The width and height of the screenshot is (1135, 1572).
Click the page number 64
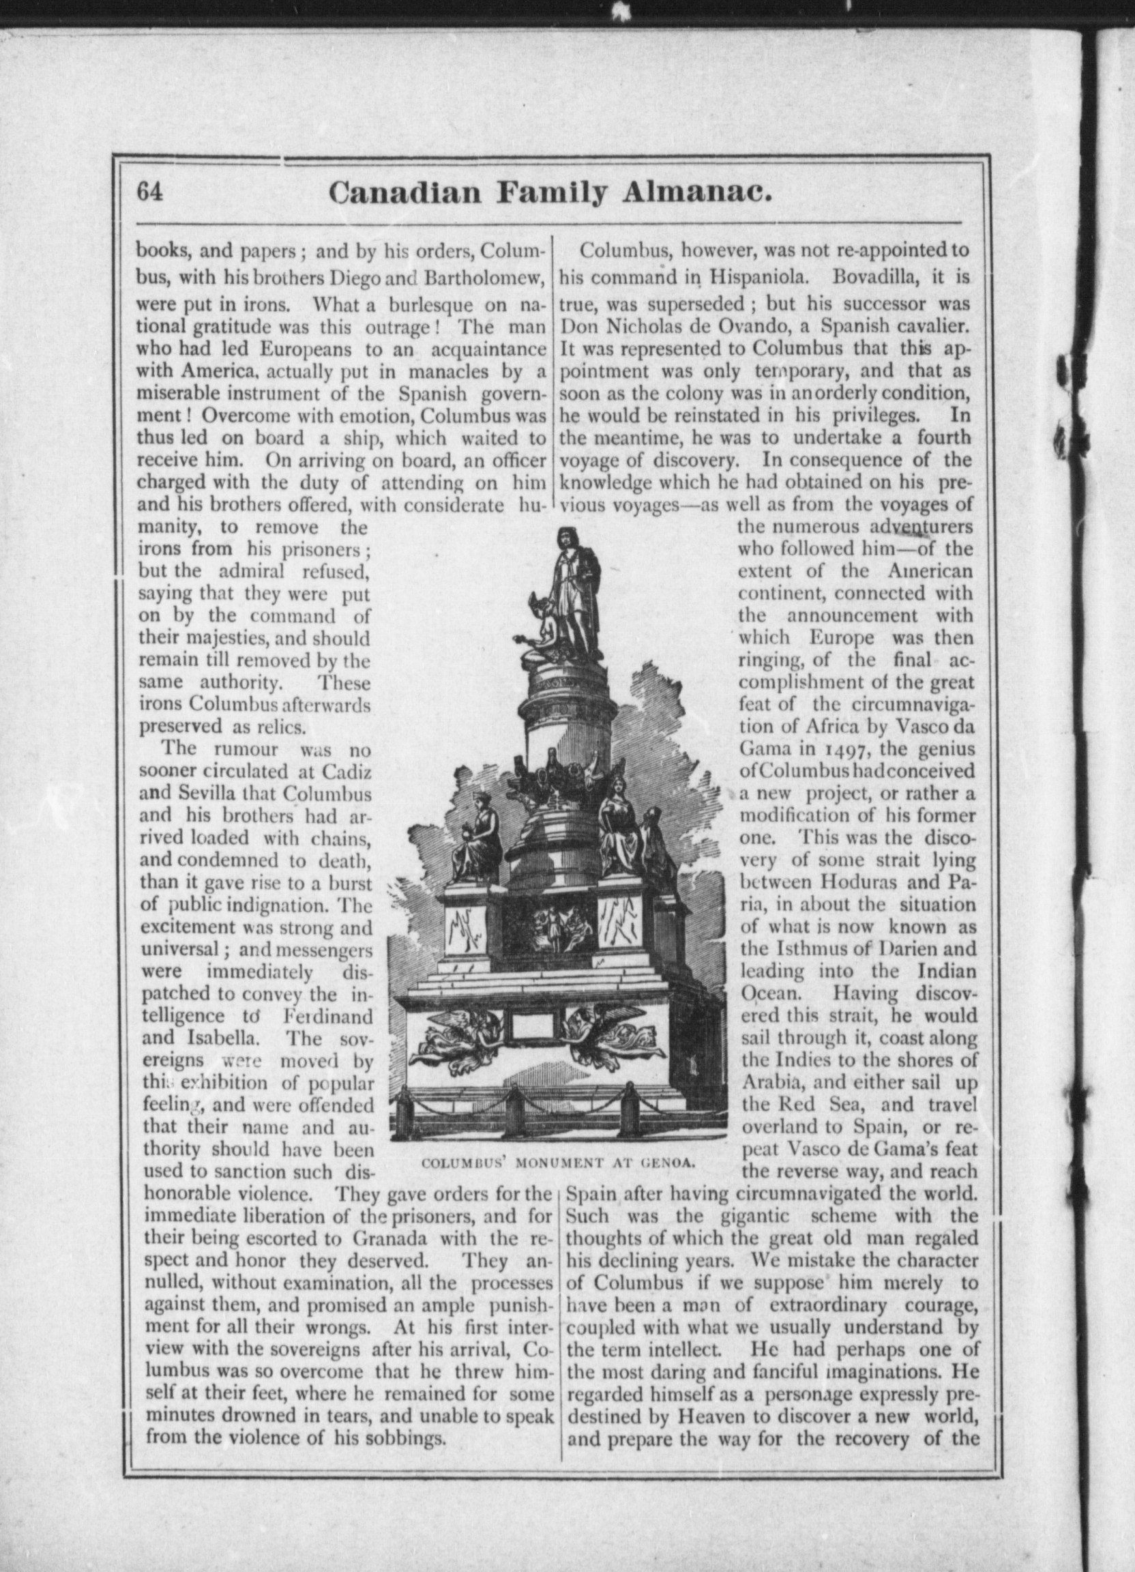[150, 191]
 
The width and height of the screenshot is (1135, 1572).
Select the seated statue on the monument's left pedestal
[476, 835]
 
